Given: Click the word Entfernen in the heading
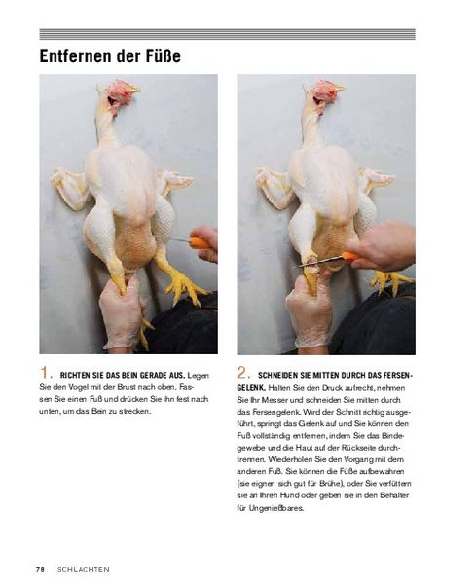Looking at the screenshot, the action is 75,56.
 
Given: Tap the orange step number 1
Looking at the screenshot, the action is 44,373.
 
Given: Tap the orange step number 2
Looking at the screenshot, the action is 241,373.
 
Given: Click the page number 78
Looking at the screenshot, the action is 40,569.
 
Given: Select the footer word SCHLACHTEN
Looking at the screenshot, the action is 84,569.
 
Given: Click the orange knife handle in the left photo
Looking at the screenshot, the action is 201,242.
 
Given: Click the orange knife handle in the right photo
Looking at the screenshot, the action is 349,256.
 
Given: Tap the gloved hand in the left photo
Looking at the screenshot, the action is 122,312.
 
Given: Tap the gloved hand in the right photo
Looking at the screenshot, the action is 309,312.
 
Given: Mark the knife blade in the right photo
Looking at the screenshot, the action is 321,262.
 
